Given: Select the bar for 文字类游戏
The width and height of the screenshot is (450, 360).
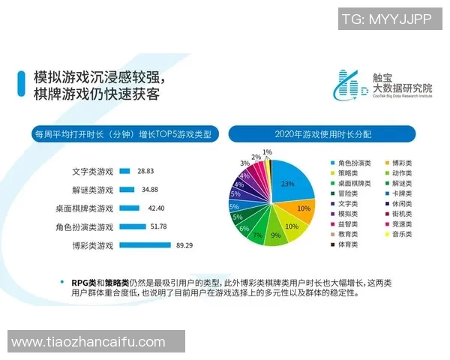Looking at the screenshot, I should [x=125, y=172].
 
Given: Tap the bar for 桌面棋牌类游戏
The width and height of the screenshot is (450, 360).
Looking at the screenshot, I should [x=129, y=208].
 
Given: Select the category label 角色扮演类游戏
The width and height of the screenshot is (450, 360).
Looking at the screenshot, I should [x=84, y=226].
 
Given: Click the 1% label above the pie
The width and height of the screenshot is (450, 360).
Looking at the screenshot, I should [x=267, y=152].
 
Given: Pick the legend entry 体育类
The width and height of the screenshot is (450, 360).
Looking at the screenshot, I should [x=347, y=244].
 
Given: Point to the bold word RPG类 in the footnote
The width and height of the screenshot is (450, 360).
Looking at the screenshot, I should [x=82, y=282].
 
